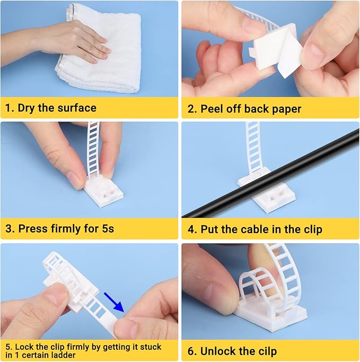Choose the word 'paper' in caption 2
(x=286, y=109)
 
